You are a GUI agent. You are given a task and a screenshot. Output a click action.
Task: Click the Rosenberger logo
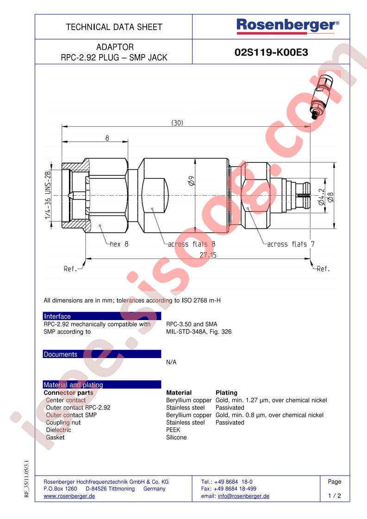(287, 26)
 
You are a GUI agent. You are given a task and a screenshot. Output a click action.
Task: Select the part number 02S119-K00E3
(271, 52)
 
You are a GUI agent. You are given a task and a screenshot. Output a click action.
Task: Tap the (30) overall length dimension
(177, 123)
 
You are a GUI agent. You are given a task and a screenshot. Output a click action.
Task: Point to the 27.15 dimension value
(208, 255)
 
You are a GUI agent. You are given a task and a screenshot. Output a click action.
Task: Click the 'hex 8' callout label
(119, 244)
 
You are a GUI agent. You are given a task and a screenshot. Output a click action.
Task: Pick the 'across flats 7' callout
(291, 244)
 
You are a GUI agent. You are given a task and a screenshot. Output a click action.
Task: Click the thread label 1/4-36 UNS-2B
(48, 195)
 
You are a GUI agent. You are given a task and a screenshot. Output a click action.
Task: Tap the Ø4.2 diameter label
(321, 197)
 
